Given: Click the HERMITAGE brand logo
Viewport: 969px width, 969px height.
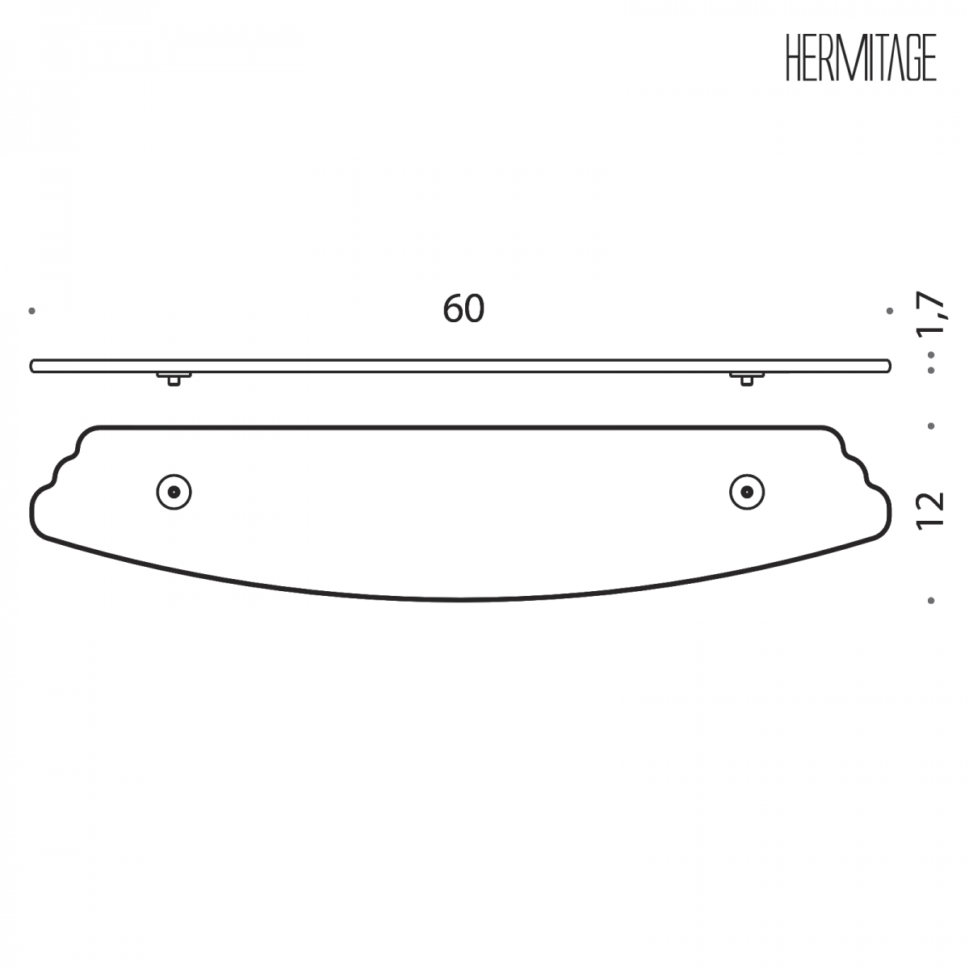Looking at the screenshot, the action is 861,58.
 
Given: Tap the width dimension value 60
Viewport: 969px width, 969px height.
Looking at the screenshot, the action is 464,309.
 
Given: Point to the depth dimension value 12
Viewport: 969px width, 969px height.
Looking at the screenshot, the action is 931,510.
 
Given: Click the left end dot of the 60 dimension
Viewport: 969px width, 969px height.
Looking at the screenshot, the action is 31,311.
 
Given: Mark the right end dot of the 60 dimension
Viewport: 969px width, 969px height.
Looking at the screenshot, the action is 890,311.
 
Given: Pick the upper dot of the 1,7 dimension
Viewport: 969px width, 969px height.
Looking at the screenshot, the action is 931,355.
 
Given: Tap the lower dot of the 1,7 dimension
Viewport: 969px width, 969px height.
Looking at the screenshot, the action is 931,370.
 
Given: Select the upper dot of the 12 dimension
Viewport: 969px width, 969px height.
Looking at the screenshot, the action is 931,426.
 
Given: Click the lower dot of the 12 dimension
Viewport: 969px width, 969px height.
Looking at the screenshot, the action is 931,601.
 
